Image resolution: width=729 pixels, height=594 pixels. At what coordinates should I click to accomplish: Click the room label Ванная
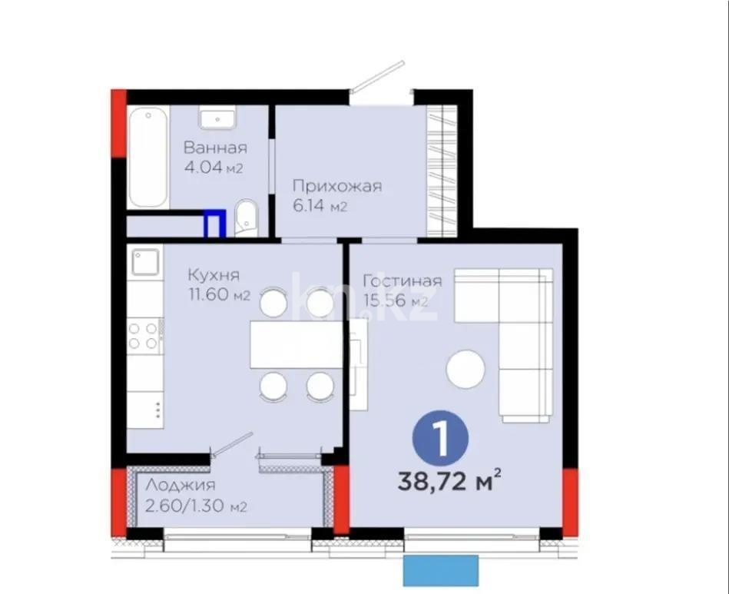(x=215, y=148)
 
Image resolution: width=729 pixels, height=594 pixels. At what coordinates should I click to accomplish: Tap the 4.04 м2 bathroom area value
(x=214, y=168)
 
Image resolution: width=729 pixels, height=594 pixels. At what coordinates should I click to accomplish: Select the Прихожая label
(x=336, y=186)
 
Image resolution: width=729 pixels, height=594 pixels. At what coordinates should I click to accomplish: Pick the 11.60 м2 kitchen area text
(x=219, y=295)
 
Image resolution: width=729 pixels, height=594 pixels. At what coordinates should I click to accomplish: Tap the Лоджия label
(x=181, y=485)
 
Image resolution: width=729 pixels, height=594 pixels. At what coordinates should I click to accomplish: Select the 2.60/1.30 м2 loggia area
(x=196, y=506)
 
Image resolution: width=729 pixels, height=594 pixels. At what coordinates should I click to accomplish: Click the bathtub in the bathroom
(x=148, y=158)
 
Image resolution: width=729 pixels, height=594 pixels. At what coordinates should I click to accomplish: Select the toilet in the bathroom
(x=247, y=217)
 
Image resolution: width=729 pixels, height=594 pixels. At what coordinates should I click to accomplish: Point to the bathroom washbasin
(x=217, y=118)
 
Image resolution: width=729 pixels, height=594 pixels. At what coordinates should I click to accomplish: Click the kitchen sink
(x=144, y=261)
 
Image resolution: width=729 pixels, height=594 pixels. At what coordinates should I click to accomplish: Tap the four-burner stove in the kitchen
(x=144, y=335)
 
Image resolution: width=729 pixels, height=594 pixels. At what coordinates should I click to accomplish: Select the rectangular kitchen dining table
(x=296, y=344)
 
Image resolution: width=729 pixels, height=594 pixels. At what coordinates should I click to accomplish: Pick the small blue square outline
(x=214, y=224)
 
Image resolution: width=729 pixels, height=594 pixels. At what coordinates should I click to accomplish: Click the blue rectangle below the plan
(x=441, y=570)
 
